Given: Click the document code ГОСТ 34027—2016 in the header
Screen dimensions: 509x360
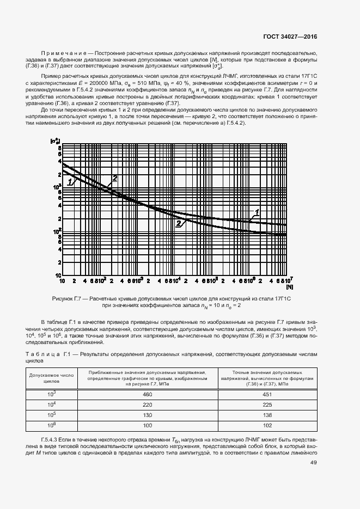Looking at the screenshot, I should [290, 36].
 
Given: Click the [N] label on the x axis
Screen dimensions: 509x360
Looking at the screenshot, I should [289, 287].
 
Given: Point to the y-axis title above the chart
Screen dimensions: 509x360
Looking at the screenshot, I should [54, 141].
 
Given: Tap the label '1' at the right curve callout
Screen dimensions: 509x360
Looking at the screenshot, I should [257, 211].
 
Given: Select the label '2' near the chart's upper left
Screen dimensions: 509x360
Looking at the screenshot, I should [114, 178].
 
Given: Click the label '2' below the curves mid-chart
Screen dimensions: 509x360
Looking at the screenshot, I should [178, 223].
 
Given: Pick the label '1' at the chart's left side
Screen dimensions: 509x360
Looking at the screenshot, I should [71, 181].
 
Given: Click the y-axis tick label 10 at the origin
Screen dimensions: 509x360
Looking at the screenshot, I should [56, 275].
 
